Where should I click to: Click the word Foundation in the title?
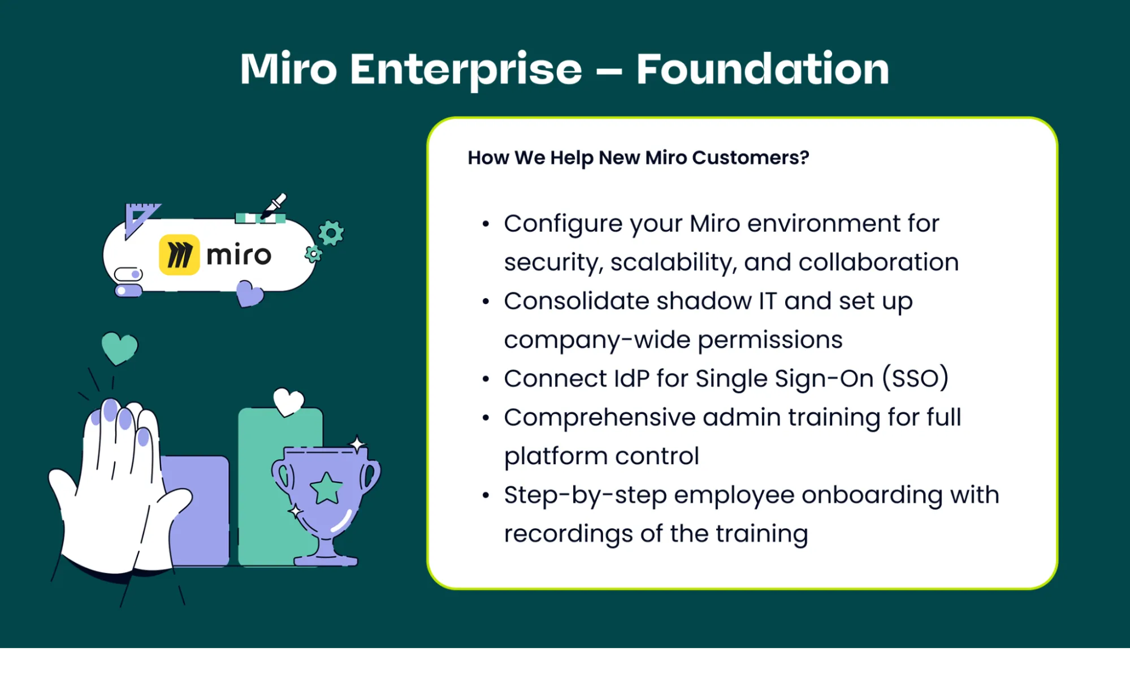point(762,69)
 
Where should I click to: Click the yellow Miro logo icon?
point(179,255)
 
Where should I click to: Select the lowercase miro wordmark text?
point(239,255)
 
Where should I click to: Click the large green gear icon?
point(331,232)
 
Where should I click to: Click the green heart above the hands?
point(119,347)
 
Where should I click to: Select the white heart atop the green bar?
point(288,402)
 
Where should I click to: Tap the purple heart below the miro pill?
point(249,293)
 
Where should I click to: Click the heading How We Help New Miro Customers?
point(638,157)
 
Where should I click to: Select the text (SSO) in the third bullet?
point(915,378)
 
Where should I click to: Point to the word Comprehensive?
point(599,417)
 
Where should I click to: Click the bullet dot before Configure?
point(486,224)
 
